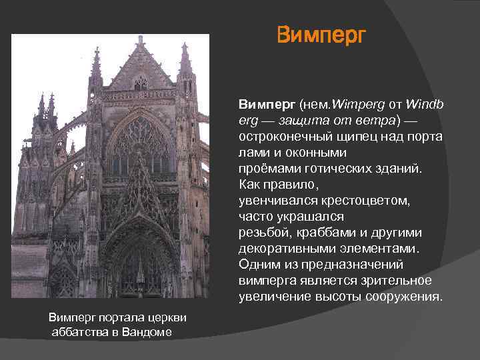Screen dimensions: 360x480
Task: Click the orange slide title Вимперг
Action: click(321, 34)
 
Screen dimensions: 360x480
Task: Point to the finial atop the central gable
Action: click(140, 41)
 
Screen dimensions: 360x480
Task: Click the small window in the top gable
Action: click(140, 83)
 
